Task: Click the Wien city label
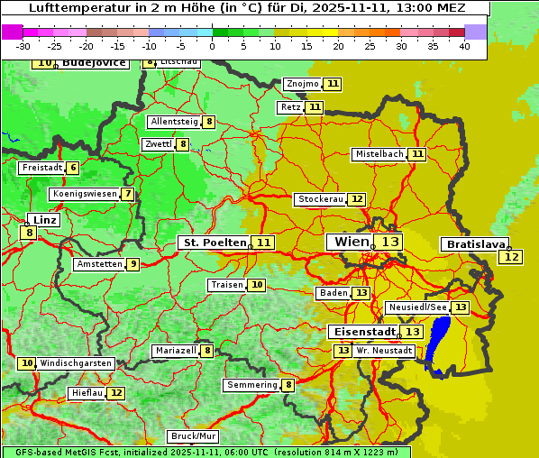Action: tap(352, 242)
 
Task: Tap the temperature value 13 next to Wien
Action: tap(390, 242)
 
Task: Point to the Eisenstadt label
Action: tap(361, 332)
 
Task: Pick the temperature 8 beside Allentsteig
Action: tap(209, 122)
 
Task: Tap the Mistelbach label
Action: tap(379, 154)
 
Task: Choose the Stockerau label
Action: tap(320, 199)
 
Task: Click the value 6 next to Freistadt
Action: tap(73, 168)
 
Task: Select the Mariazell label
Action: tap(175, 351)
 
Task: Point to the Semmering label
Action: tap(252, 385)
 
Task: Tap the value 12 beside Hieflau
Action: tap(117, 393)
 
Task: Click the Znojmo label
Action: tap(302, 84)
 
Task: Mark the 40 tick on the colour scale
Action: tap(464, 46)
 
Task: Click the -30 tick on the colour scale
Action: tap(23, 46)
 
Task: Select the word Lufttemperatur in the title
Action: tap(74, 8)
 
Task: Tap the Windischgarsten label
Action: tap(77, 363)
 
